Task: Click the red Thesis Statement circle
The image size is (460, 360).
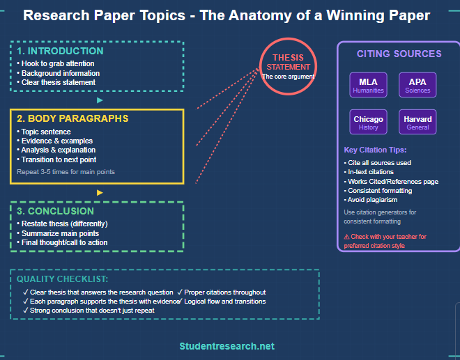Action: pyautogui.click(x=288, y=65)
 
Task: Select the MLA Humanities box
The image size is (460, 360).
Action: pyautogui.click(x=368, y=86)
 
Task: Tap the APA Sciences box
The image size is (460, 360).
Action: pyautogui.click(x=417, y=86)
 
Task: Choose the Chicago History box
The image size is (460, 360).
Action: pyautogui.click(x=368, y=123)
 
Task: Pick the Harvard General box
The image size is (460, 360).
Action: pyautogui.click(x=417, y=123)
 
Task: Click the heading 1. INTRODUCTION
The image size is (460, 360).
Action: pyautogui.click(x=60, y=51)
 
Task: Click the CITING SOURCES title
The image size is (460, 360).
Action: pyautogui.click(x=399, y=54)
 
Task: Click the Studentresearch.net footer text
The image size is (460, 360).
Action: pyautogui.click(x=227, y=346)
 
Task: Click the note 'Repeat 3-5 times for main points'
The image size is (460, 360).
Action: pyautogui.click(x=66, y=171)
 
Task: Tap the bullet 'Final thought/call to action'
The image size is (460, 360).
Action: pyautogui.click(x=64, y=242)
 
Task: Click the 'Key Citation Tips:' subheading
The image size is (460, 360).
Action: pyautogui.click(x=375, y=150)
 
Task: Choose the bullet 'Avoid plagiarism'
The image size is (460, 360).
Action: pyautogui.click(x=373, y=200)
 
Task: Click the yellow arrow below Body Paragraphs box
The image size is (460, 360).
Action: pyautogui.click(x=100, y=192)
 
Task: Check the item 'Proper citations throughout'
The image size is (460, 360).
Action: pyautogui.click(x=222, y=292)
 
